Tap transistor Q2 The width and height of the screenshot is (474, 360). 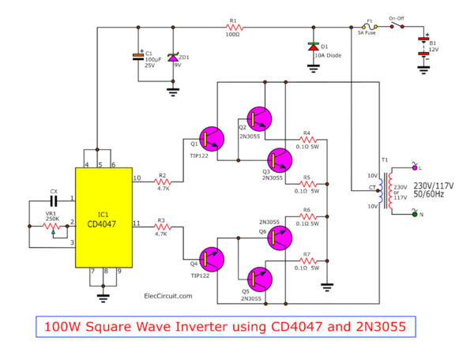259,118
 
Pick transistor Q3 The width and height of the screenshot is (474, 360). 280,160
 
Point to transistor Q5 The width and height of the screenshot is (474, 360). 259,279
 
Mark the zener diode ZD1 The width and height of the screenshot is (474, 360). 170,58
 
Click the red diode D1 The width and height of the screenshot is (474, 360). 314,47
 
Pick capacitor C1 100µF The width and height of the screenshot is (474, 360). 138,57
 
